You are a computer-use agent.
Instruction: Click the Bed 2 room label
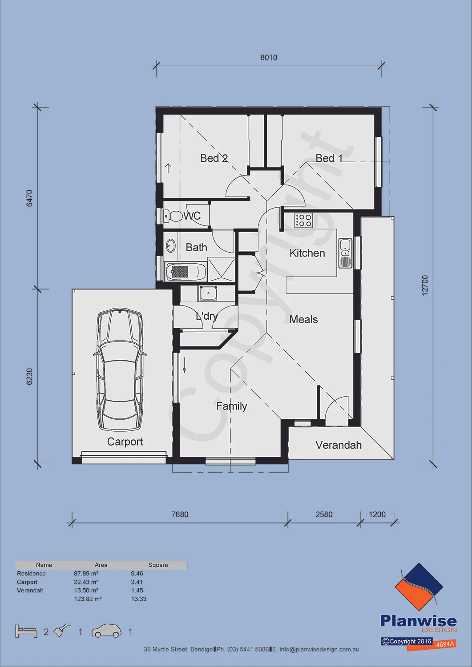click(214, 158)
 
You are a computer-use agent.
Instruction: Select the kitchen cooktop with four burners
click(303, 221)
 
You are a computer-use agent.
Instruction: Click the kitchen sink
click(345, 253)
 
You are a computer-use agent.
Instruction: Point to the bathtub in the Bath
click(186, 271)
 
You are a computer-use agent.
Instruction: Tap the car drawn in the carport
click(120, 370)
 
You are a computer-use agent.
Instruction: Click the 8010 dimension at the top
click(269, 57)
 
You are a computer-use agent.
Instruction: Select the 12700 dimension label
click(425, 285)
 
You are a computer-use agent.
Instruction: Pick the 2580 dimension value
click(324, 514)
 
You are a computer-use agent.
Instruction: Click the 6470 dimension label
click(29, 198)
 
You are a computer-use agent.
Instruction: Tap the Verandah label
click(339, 445)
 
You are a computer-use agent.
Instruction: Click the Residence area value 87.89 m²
click(86, 573)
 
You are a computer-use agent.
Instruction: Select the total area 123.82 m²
click(88, 599)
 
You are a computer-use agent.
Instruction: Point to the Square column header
click(158, 565)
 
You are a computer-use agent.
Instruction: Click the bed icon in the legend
click(26, 631)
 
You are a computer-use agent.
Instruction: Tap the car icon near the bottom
click(107, 631)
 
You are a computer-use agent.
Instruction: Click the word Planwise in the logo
click(418, 621)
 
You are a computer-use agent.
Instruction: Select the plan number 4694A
click(445, 644)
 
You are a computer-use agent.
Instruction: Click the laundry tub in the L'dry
click(208, 293)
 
